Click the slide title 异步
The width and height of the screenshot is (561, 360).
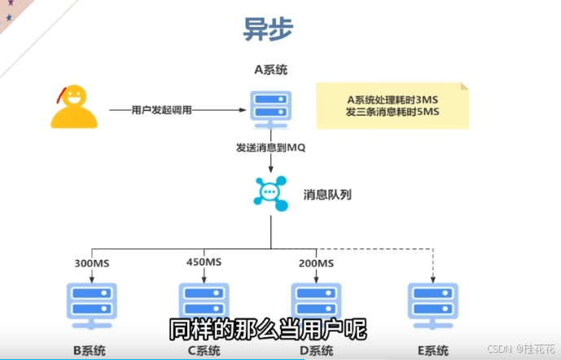[268, 29]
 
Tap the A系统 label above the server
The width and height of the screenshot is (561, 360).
[270, 70]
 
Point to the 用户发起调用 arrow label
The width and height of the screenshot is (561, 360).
[162, 109]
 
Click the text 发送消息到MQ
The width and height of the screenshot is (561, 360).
[270, 148]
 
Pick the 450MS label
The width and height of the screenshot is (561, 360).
[204, 262]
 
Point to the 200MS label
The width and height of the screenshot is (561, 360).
[316, 262]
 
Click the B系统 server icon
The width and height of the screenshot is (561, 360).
[91, 305]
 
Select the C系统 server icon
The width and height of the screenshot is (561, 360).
[204, 303]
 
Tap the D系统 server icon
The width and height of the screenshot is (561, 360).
[316, 303]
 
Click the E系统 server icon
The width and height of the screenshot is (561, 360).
[432, 305]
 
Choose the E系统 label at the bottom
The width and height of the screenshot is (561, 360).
[432, 351]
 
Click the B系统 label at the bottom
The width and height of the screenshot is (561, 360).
[91, 351]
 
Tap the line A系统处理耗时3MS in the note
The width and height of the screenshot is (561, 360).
[392, 99]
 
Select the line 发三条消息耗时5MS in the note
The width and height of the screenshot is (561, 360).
[392, 112]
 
